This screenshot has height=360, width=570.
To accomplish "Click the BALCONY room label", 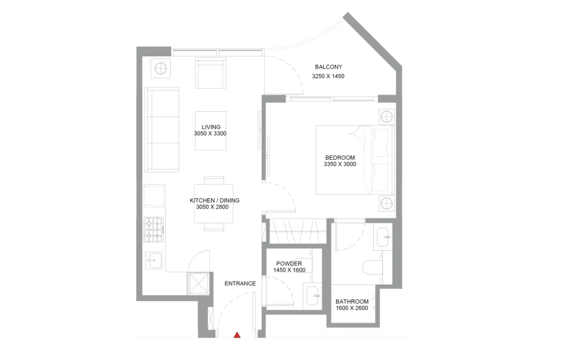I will [x=329, y=67].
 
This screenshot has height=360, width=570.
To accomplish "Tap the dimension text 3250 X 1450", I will [x=328, y=77].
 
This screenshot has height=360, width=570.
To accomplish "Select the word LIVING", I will [x=211, y=127].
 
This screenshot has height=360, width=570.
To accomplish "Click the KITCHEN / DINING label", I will [x=214, y=200].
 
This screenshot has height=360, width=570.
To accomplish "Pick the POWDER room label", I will [x=289, y=264].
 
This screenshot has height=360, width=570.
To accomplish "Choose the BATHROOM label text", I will [x=352, y=302].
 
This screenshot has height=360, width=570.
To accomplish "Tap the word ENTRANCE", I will [x=240, y=283].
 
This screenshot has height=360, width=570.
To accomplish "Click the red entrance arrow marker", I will [x=237, y=335].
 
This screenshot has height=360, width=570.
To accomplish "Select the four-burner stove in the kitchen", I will [x=154, y=229].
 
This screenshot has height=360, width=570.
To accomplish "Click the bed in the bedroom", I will [x=354, y=160].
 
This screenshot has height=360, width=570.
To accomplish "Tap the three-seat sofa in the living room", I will [x=162, y=130].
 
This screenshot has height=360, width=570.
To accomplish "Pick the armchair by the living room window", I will [x=211, y=73].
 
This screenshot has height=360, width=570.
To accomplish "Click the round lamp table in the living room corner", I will [x=161, y=68].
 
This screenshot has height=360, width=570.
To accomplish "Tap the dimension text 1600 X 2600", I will [x=352, y=309].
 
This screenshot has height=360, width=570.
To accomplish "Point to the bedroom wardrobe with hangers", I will [x=298, y=231].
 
